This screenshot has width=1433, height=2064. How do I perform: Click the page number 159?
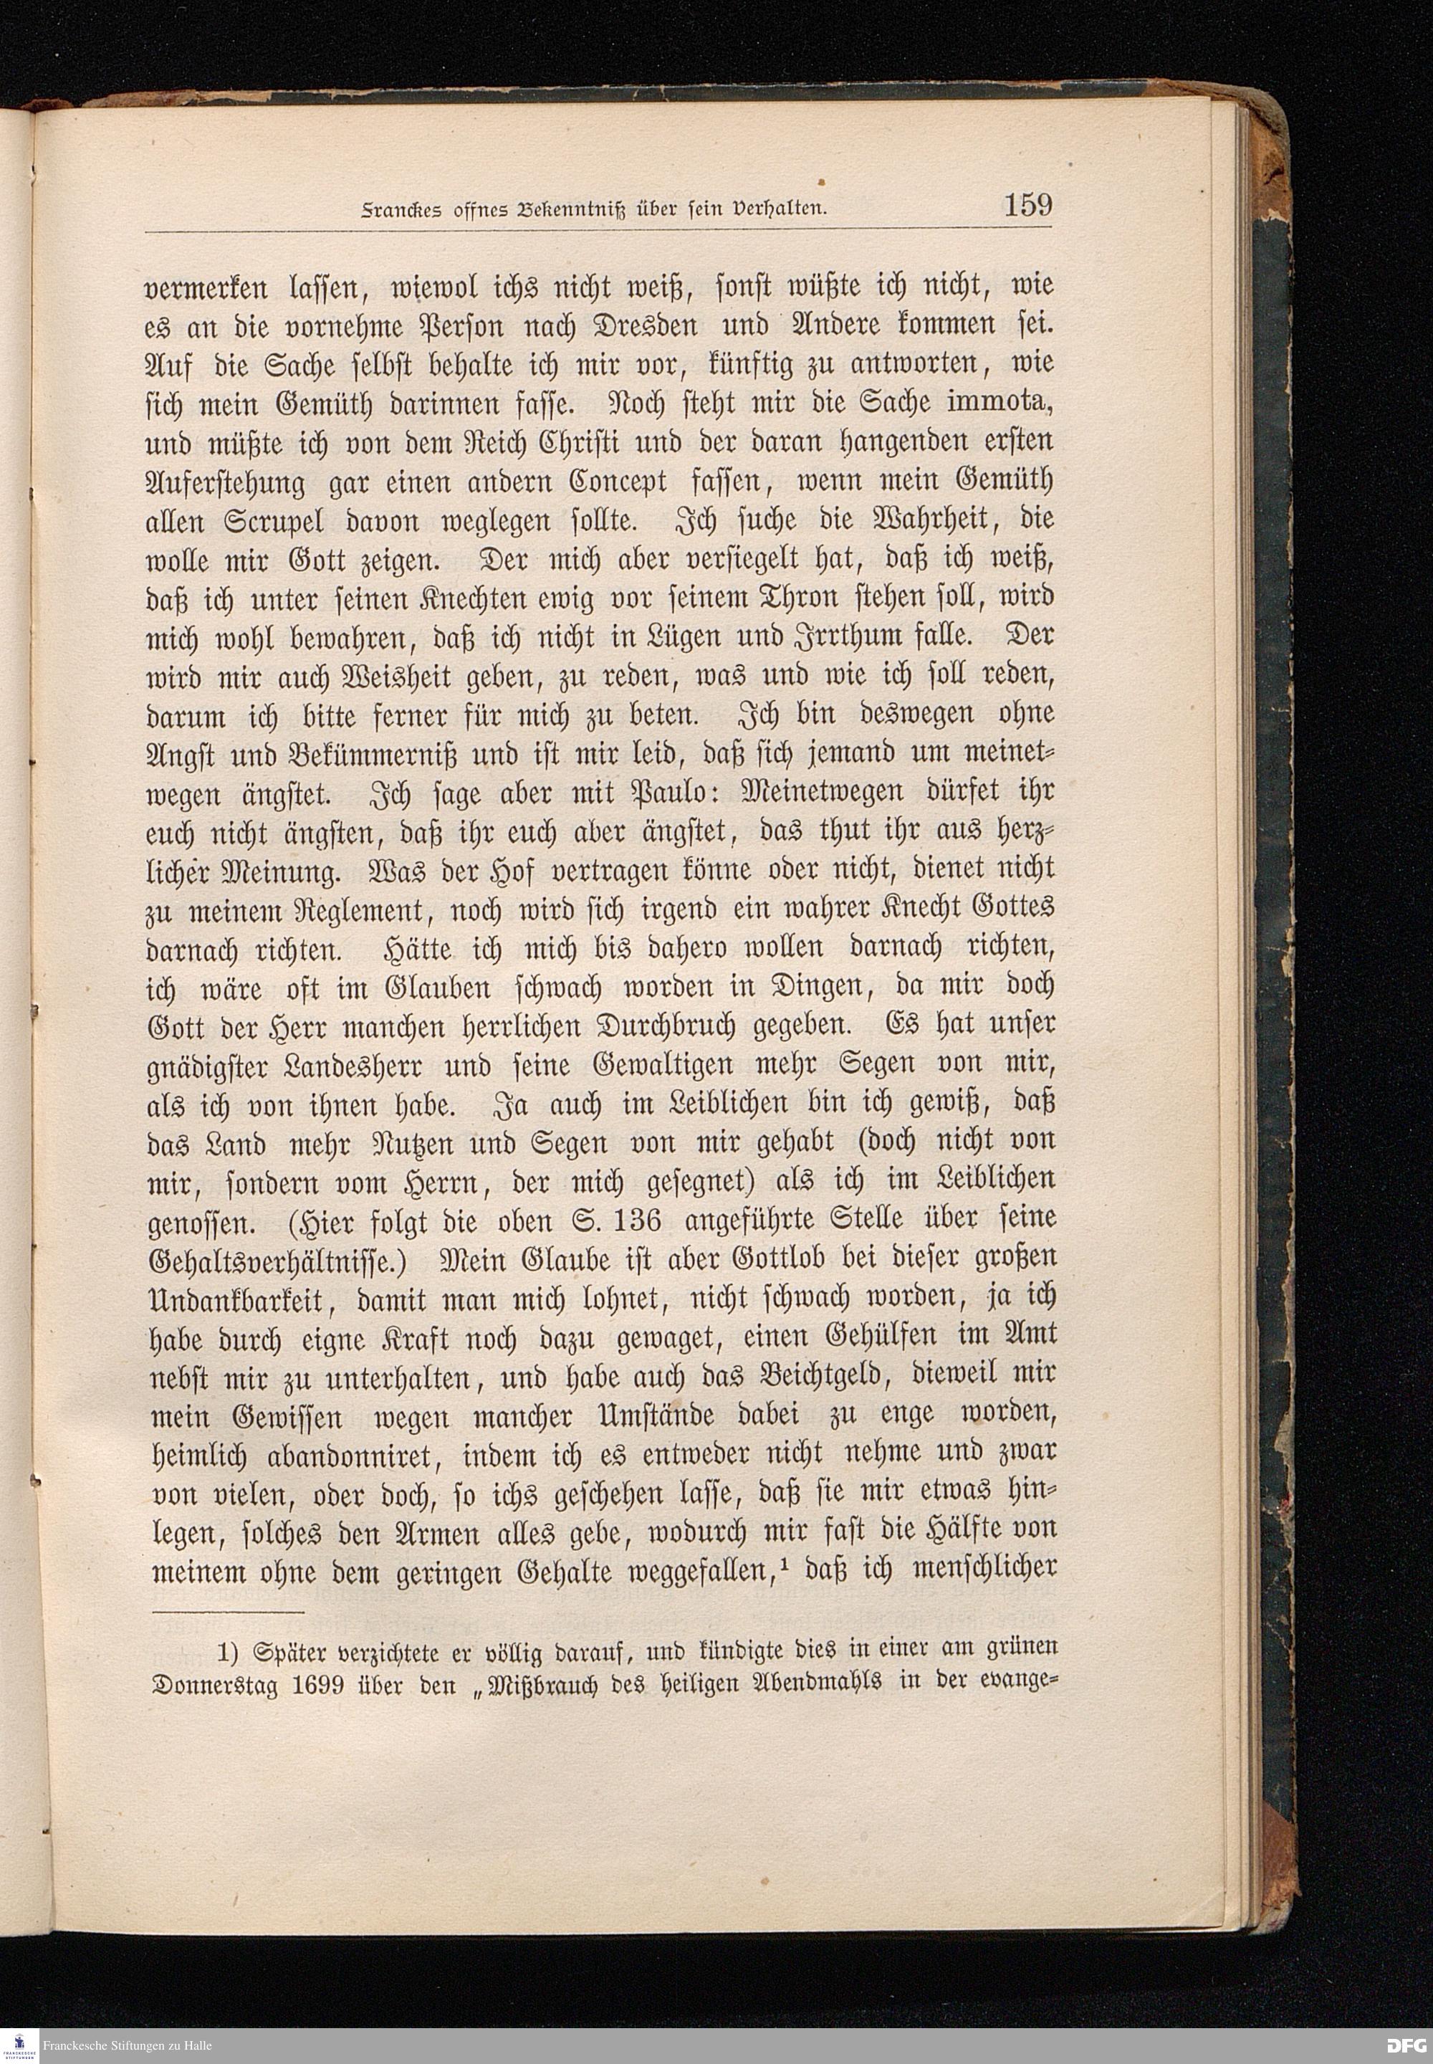click(1027, 206)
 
